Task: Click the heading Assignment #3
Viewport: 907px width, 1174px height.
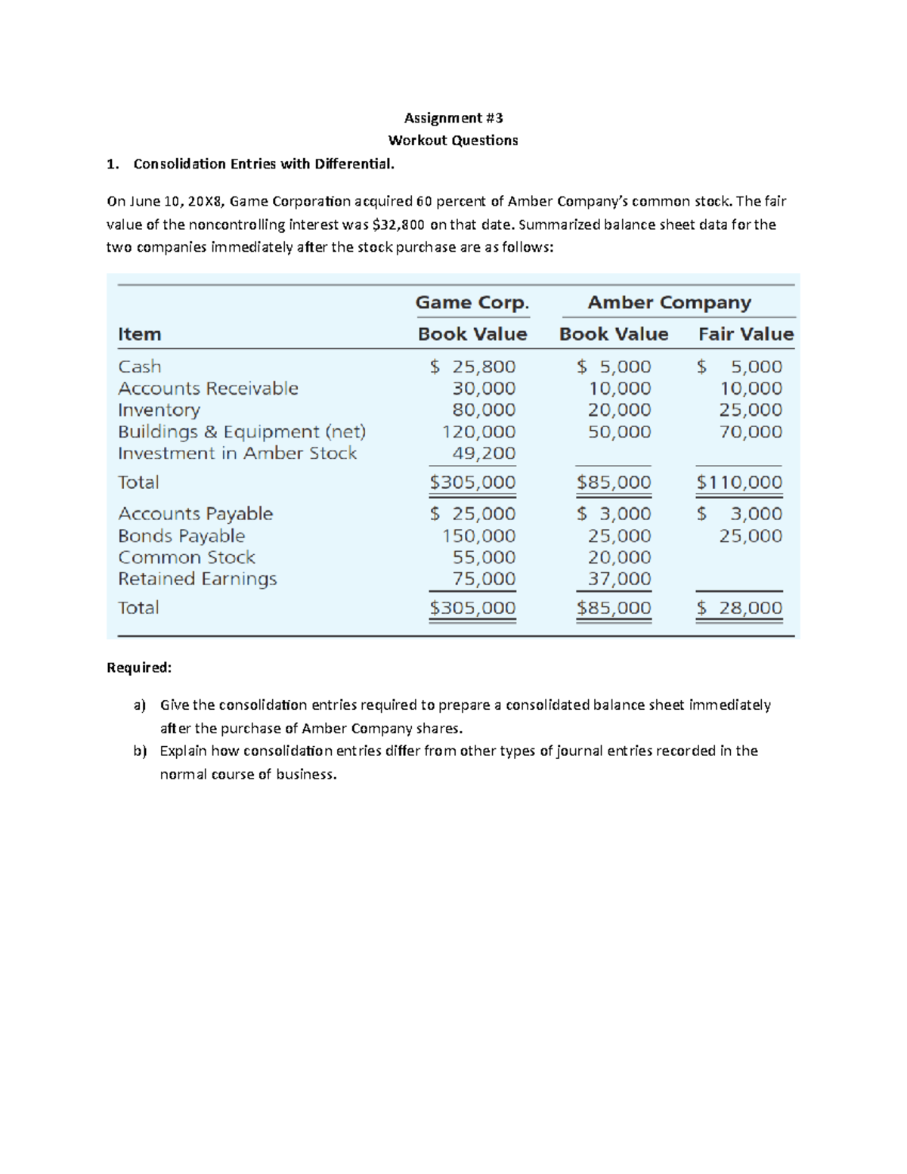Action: [x=453, y=118]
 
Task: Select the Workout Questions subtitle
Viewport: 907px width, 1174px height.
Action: [x=453, y=141]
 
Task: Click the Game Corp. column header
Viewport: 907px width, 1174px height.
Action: [x=472, y=302]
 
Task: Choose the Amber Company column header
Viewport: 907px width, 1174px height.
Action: [x=669, y=302]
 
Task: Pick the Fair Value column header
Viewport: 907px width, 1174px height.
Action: [x=745, y=334]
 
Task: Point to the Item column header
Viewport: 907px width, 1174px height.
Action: [x=139, y=334]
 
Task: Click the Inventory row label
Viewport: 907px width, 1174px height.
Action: [x=159, y=410]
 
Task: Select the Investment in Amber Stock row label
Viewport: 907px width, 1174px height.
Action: [x=237, y=454]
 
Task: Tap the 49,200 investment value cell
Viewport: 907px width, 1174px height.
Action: [x=484, y=454]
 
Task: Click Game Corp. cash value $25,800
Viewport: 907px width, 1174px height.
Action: [x=473, y=367]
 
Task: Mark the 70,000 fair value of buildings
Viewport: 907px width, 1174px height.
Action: [x=751, y=432]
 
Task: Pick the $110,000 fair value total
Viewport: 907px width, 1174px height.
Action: [x=739, y=482]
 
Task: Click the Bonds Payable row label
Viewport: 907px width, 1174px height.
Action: [x=181, y=536]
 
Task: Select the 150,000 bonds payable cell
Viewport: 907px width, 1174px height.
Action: [x=478, y=536]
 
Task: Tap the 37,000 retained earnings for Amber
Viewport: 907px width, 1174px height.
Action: [x=619, y=579]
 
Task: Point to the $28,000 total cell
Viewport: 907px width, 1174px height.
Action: [x=739, y=608]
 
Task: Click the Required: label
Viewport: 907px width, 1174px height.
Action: [x=139, y=668]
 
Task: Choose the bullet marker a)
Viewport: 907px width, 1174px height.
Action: [x=139, y=705]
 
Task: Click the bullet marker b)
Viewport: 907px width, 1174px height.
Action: [x=139, y=751]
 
